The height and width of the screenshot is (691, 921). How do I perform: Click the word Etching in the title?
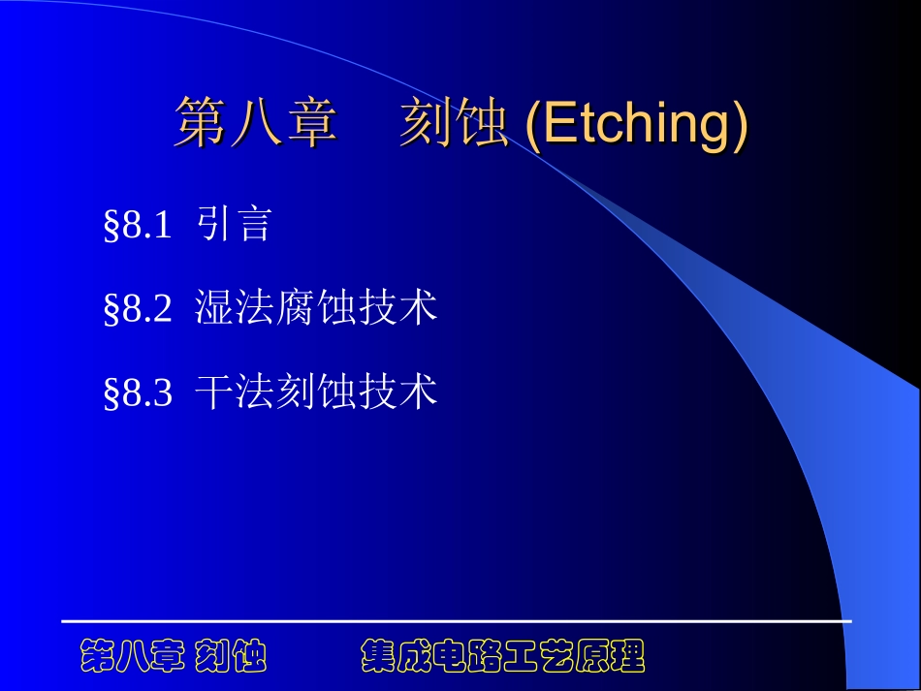tap(635, 126)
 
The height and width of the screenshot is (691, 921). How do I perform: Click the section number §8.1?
tap(138, 226)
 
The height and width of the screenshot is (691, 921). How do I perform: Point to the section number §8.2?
tap(138, 309)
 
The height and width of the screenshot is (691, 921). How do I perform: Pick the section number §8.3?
tap(138, 393)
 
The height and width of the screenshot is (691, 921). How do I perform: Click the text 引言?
tap(233, 225)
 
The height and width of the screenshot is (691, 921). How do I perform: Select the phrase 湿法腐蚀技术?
tap(316, 308)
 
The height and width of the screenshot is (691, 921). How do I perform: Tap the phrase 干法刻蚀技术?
tap(316, 392)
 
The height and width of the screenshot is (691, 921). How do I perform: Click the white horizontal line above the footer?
tap(456, 619)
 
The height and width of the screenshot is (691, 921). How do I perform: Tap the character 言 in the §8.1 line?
tap(253, 225)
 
